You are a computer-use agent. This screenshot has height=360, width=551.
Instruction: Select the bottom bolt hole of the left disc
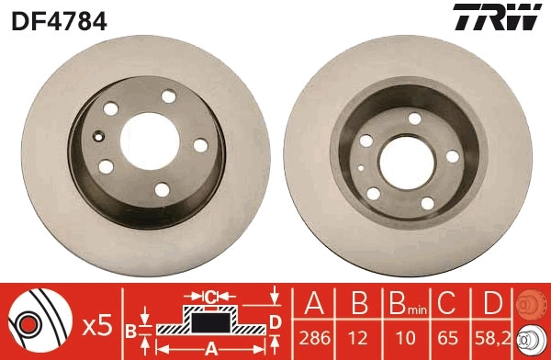point(162,189)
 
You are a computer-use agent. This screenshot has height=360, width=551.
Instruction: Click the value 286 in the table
point(315,339)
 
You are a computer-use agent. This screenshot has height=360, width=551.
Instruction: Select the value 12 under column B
point(359,339)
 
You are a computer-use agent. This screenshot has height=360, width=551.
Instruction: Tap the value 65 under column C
point(447,339)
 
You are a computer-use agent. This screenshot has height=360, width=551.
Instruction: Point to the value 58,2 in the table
point(492,339)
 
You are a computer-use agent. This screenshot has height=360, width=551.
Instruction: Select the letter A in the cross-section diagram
point(211,349)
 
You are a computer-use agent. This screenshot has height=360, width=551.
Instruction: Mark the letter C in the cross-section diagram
point(210,297)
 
